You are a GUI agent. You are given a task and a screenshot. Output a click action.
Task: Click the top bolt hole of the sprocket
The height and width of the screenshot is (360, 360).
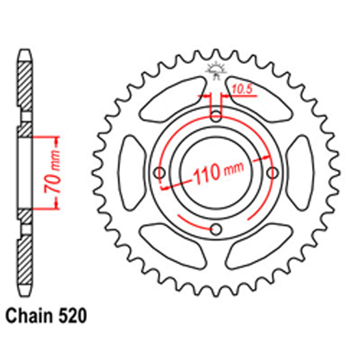pos(216,116)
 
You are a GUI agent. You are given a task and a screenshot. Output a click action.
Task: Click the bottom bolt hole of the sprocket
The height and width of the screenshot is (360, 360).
pos(216,229)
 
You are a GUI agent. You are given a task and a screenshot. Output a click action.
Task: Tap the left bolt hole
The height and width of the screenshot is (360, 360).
pos(160,173)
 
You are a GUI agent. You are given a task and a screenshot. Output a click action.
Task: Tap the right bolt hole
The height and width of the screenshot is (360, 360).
pos(273,173)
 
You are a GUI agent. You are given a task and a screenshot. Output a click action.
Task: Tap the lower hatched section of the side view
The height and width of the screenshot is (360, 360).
pos(25,259)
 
